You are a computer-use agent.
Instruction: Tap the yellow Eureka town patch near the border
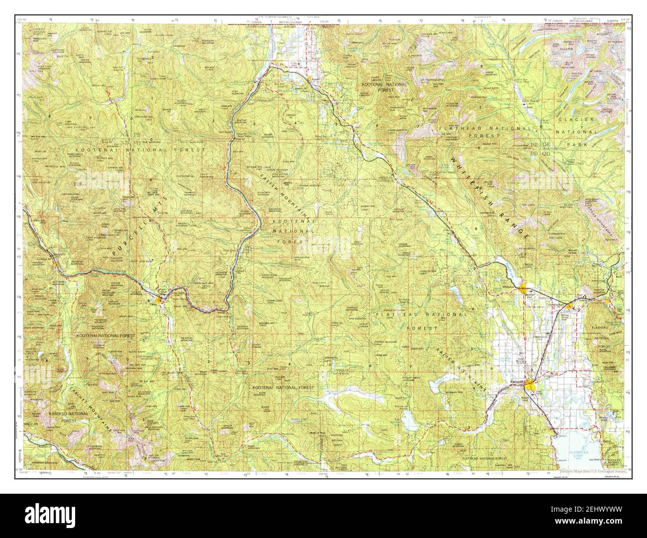(x=309, y=78)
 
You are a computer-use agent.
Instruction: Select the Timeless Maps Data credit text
(x=591, y=469)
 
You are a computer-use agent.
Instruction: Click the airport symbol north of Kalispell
(x=547, y=332)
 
